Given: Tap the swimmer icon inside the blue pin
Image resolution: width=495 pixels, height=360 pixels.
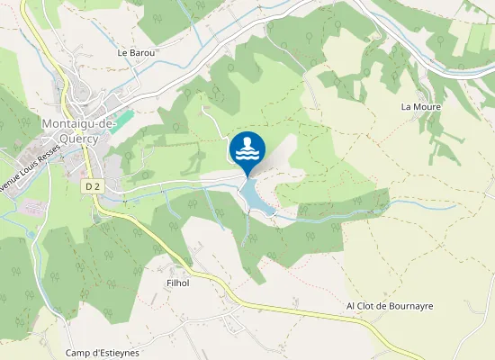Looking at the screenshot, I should pyautogui.click(x=247, y=148).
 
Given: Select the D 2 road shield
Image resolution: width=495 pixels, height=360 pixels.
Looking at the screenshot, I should pyautogui.click(x=90, y=185).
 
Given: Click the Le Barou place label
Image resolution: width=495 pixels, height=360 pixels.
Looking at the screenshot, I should pyautogui.click(x=137, y=53).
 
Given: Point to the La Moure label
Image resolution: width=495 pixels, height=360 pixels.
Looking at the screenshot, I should pyautogui.click(x=418, y=106).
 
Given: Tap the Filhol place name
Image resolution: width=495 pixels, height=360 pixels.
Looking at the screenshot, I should pyautogui.click(x=178, y=283).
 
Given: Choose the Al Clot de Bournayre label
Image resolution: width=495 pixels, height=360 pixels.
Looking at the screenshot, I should pyautogui.click(x=390, y=306).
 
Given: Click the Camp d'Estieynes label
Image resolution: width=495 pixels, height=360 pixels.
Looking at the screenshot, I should pyautogui.click(x=103, y=353).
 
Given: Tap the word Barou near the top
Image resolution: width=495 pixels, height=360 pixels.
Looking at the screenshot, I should pyautogui.click(x=143, y=53).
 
